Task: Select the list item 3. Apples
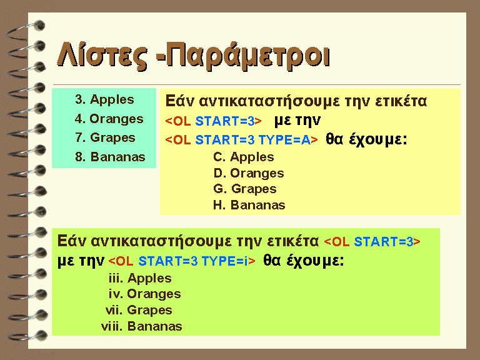[x=104, y=100]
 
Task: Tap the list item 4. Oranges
[x=109, y=119]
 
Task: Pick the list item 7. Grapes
[x=105, y=137]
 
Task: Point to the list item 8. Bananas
[x=110, y=157]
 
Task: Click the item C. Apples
[x=243, y=157]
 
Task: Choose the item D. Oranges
[x=249, y=173]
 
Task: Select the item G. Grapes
[x=245, y=189]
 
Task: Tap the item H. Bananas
[x=249, y=205]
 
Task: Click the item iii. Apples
[x=140, y=278]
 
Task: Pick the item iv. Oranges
[x=145, y=294]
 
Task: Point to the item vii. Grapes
[x=139, y=310]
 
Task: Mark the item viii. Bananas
[x=141, y=326]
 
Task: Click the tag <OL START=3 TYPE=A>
[x=241, y=140]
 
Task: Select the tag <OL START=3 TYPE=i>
[x=182, y=261]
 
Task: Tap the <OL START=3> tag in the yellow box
[x=213, y=121]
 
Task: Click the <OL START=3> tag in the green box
[x=372, y=242]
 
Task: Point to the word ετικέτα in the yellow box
[x=401, y=101]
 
